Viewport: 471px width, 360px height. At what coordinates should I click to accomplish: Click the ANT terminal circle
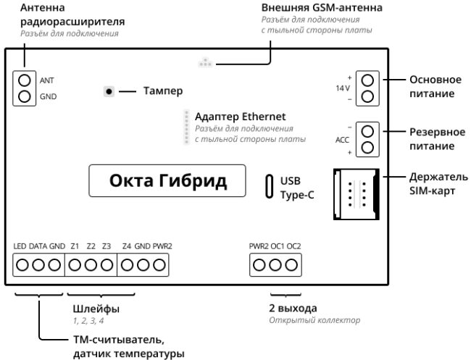24,80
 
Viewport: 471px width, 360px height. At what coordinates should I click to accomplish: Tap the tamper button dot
109,91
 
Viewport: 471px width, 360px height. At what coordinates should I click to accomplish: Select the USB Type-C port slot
270,186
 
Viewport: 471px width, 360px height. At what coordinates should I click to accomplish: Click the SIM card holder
354,193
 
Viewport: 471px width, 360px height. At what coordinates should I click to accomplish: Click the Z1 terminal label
75,246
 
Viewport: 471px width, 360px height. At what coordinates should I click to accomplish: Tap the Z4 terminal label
127,246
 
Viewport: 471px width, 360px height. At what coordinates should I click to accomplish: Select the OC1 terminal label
278,246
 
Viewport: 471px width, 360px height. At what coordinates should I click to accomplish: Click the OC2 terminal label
293,246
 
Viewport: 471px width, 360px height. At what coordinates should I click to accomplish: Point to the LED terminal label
20,246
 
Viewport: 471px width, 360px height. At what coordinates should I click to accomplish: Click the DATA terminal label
38,246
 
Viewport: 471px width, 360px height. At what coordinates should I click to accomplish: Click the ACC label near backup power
343,140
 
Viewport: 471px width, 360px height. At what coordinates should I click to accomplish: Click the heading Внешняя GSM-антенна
322,7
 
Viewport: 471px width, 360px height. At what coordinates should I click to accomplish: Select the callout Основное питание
433,86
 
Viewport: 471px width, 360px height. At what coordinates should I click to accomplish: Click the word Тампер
162,91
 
